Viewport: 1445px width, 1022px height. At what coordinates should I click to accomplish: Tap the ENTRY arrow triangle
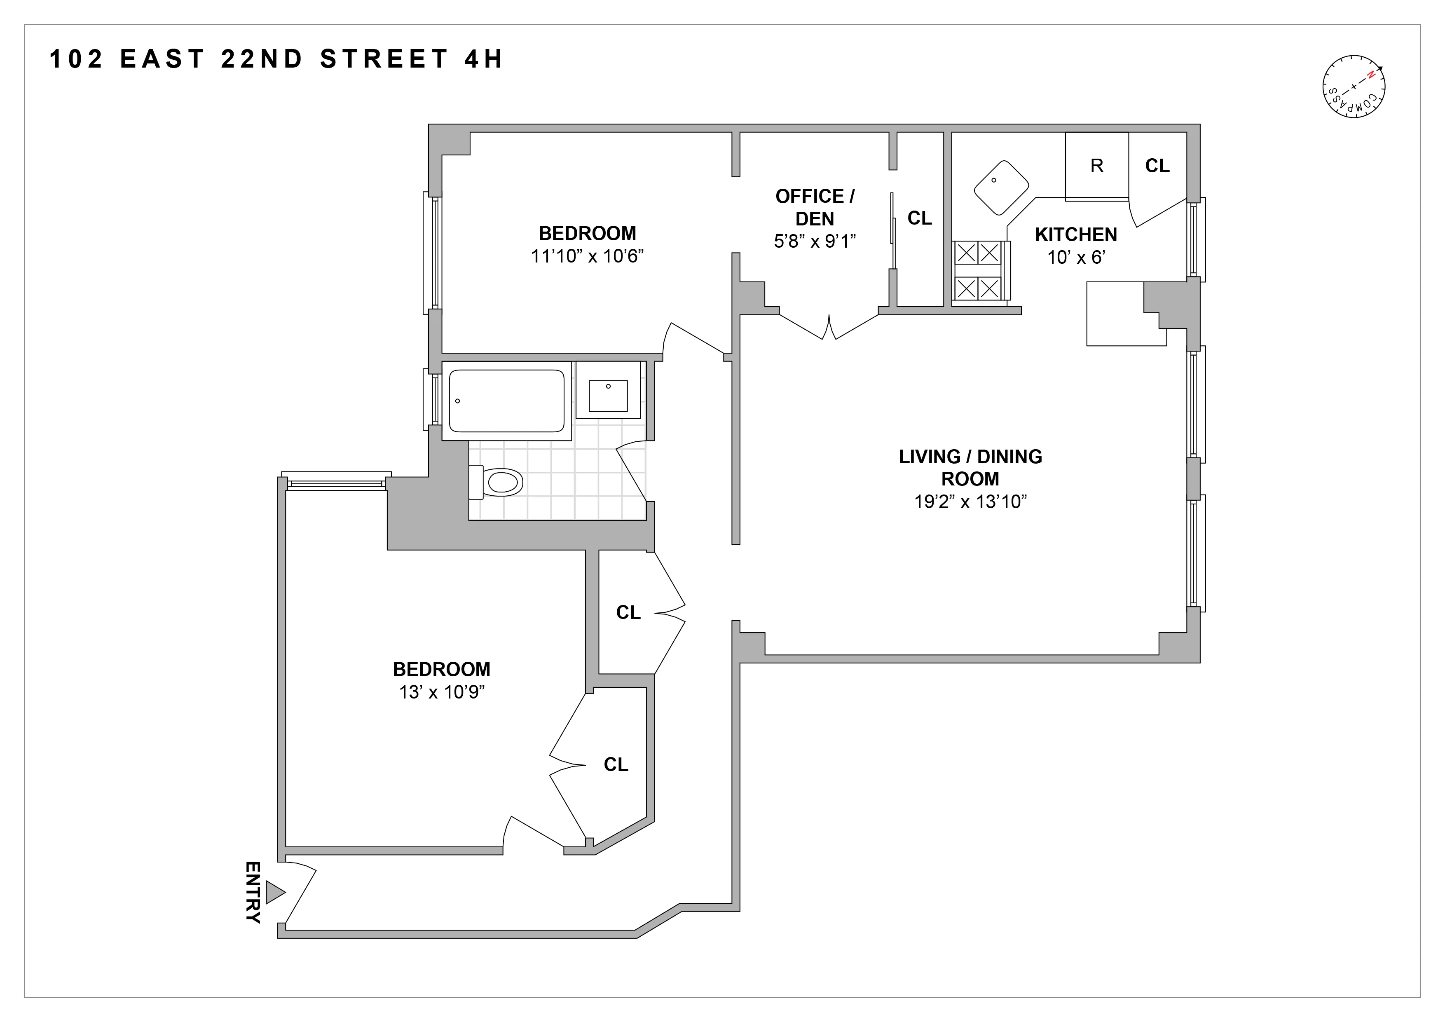(x=275, y=892)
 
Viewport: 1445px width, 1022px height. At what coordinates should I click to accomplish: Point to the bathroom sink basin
(x=608, y=396)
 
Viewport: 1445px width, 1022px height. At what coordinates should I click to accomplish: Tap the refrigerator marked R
(x=1096, y=166)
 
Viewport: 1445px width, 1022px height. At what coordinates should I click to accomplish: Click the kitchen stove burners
(x=978, y=271)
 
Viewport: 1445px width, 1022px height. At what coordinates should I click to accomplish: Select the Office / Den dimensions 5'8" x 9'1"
(x=815, y=241)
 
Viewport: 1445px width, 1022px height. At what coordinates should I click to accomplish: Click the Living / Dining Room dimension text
(x=970, y=502)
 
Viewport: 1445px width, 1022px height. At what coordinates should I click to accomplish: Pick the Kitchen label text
(x=1075, y=235)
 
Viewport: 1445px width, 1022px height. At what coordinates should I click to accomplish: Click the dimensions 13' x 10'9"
(x=442, y=692)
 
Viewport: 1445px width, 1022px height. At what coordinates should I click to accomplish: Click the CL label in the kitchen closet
(x=1157, y=166)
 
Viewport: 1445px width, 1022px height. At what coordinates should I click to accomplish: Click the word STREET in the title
(x=384, y=59)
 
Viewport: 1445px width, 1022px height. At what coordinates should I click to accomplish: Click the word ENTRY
(x=253, y=892)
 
